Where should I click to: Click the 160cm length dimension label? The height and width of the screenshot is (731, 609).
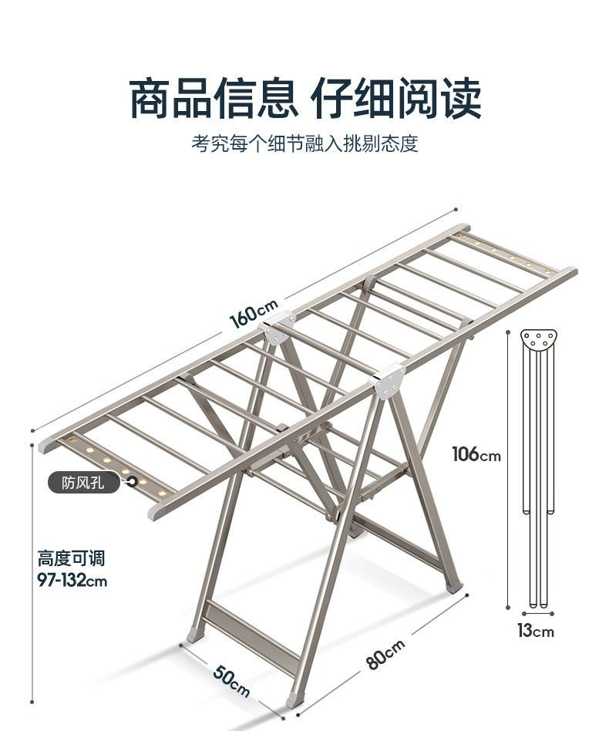254,315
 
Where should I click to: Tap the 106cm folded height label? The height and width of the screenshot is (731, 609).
476,454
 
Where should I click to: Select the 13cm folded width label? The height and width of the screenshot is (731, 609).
535,631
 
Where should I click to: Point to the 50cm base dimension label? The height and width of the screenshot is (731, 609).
231,679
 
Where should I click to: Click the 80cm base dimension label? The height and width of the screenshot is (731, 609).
385,655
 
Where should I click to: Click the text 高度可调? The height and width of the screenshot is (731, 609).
71,558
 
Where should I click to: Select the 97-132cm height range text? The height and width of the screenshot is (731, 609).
72,580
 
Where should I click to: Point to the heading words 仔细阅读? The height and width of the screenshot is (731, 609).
395,99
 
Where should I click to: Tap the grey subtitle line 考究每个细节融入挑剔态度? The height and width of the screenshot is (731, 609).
304,144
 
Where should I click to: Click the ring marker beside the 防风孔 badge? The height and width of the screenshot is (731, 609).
133,482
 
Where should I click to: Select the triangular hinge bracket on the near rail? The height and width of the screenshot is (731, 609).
388,380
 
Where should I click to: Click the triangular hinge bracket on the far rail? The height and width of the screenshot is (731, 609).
278,328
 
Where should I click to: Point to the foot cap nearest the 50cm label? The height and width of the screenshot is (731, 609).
195,635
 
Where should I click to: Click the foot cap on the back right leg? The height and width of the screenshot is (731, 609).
455,586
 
